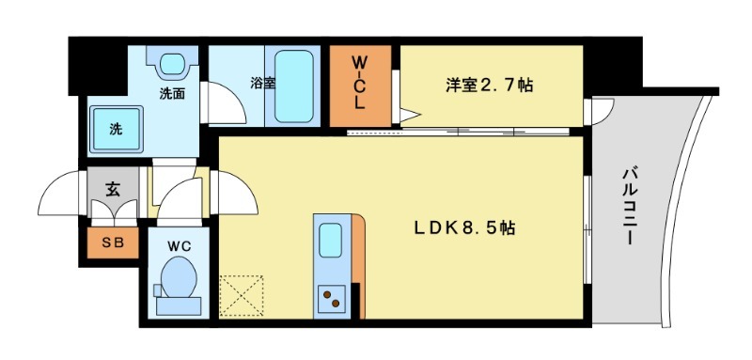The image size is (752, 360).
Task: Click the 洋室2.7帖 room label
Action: pos(489,86)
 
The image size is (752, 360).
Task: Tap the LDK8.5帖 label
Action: pos(464,227)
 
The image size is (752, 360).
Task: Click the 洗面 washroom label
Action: pos(171,93)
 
